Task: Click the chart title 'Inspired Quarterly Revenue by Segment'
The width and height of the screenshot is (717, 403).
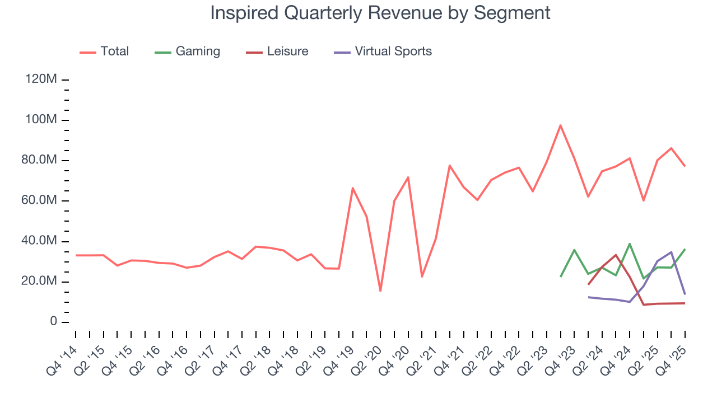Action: (x=380, y=12)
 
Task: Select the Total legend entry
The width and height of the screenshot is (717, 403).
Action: (x=114, y=51)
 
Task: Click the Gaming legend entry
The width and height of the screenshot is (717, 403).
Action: (x=197, y=51)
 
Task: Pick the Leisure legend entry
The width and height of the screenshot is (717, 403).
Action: (x=287, y=51)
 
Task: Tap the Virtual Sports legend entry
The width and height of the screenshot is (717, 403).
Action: (x=393, y=51)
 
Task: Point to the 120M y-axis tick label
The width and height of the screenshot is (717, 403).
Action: (x=41, y=79)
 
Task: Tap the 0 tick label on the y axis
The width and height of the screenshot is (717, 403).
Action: (x=53, y=322)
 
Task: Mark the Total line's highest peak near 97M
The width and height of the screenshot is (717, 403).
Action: (x=560, y=125)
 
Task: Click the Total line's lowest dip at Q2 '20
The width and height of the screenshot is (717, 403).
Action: (x=380, y=291)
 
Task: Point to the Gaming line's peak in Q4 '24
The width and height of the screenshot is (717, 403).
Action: (x=630, y=243)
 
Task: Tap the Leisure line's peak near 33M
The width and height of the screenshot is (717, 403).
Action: (x=616, y=255)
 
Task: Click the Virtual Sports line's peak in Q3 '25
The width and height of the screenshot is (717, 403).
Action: (x=671, y=252)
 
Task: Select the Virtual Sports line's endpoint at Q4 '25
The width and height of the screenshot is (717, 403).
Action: (x=685, y=294)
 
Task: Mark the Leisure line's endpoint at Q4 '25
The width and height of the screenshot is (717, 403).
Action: (x=685, y=303)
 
